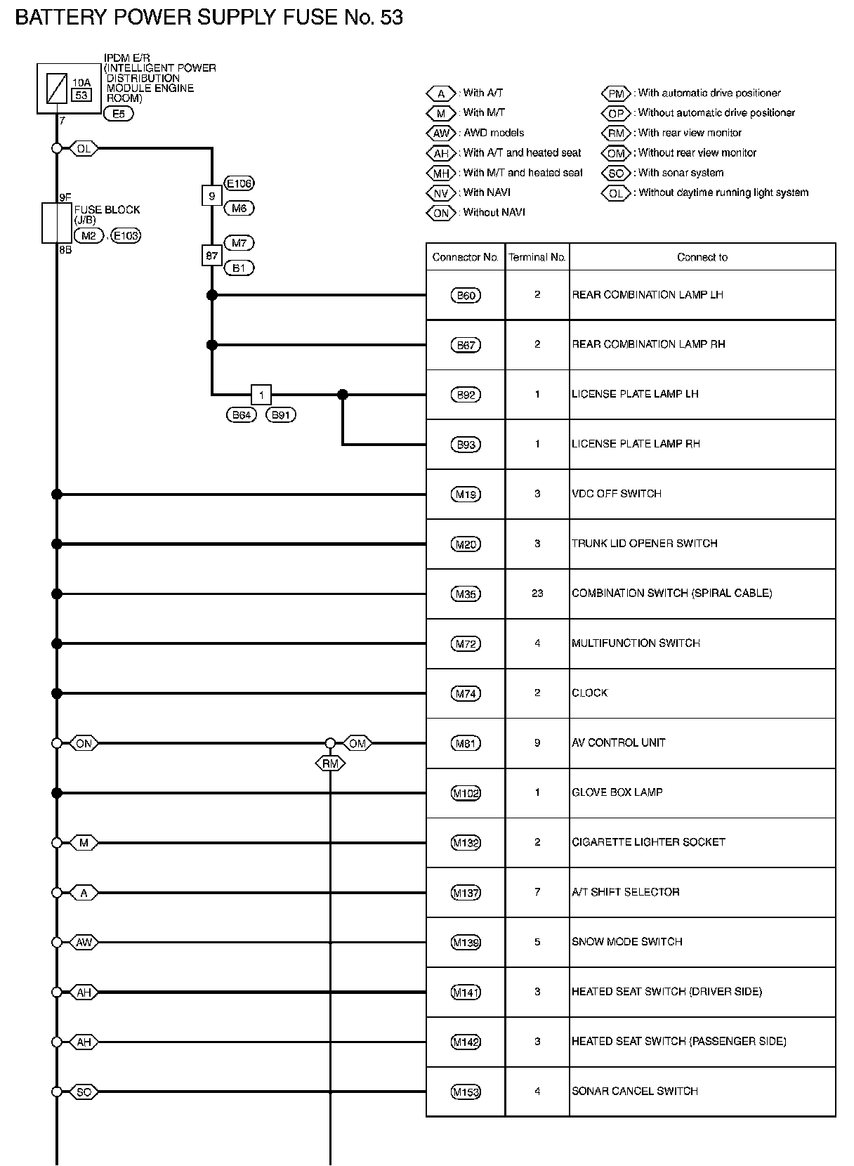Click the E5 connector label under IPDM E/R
118,114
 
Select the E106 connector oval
239,183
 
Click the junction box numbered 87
211,256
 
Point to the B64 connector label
242,415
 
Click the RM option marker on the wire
330,763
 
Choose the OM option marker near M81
357,743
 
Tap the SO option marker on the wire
84,1092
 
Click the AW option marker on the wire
84,943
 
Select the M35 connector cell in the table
466,594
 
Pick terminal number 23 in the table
537,594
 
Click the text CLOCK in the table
589,693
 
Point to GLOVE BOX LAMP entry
617,792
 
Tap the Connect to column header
702,257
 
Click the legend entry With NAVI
486,192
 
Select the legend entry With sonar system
680,173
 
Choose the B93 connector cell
466,445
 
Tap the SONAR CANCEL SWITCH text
634,1092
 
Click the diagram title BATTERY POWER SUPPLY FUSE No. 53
209,18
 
